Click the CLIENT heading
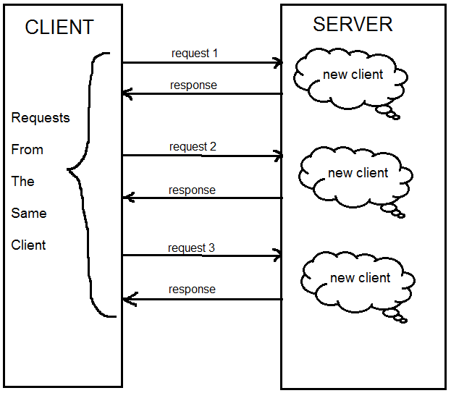point(59,28)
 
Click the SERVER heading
point(353,24)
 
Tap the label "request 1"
point(195,53)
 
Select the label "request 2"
point(193,146)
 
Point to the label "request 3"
point(191,248)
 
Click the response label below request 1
point(193,85)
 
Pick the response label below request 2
point(192,190)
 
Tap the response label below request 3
point(192,289)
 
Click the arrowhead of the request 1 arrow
point(277,63)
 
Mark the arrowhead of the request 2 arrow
point(278,156)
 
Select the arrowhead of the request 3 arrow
point(277,255)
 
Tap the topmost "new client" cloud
point(352,75)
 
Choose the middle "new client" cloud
point(358,174)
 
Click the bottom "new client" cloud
point(360,278)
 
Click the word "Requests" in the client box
point(41,117)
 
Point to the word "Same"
point(29,213)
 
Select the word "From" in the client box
point(28,150)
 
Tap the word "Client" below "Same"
point(29,245)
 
